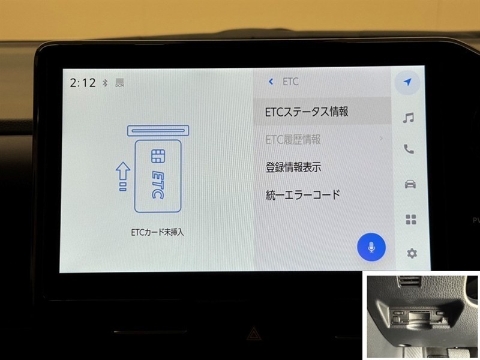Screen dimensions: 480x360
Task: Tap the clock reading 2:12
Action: (x=83, y=83)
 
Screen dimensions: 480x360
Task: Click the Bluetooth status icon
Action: (x=106, y=83)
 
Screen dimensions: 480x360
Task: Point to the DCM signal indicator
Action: (x=119, y=83)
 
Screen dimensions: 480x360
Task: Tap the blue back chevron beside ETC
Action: (x=271, y=82)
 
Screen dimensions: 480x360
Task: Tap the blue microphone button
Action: (x=371, y=247)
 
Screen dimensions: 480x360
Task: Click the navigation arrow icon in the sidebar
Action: (x=407, y=82)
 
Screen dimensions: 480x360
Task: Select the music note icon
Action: (x=409, y=118)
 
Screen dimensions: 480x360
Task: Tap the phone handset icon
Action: (x=409, y=149)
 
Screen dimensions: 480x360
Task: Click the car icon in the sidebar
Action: (x=410, y=184)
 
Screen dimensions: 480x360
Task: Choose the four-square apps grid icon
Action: (x=411, y=220)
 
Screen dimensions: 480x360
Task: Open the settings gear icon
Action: (x=412, y=253)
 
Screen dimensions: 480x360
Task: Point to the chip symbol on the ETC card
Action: (x=158, y=156)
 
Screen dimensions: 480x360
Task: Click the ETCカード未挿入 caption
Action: (x=157, y=232)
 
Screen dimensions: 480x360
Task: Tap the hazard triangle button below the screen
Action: (x=254, y=334)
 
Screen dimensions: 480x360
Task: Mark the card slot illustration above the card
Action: (x=158, y=131)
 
